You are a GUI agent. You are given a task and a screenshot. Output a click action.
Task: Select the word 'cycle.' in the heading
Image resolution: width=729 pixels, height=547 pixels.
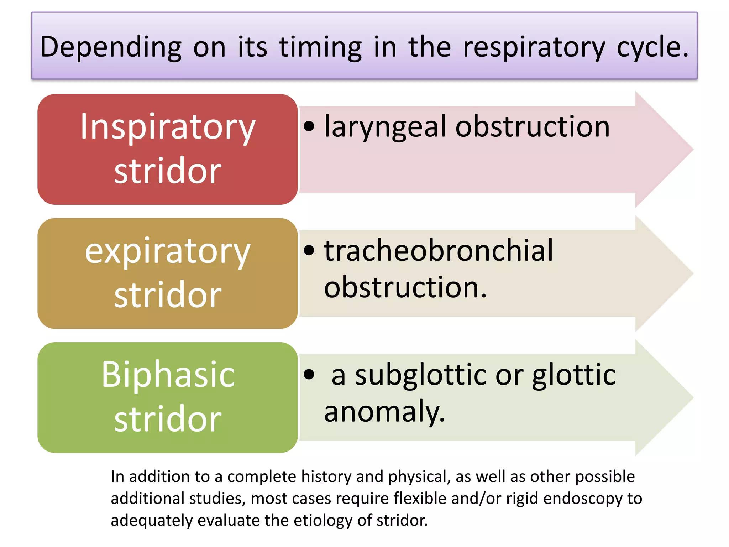[x=653, y=47]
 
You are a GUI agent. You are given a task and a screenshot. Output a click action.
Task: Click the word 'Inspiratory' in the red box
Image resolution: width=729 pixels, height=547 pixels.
[x=168, y=127]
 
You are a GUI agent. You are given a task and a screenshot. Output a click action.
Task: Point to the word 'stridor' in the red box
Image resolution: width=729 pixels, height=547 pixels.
[x=168, y=171]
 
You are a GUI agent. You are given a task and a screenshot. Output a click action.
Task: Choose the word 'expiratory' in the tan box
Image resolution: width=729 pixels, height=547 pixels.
[x=168, y=251]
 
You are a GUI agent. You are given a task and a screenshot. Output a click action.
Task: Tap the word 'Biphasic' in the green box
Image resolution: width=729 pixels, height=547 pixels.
[x=168, y=375]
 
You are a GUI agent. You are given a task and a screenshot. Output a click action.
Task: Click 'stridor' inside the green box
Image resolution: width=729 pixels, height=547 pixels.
[x=168, y=419]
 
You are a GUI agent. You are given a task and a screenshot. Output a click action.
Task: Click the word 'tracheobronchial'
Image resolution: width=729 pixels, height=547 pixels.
[x=439, y=251]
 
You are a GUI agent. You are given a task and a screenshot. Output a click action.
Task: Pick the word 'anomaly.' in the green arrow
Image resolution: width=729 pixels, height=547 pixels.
[x=384, y=412]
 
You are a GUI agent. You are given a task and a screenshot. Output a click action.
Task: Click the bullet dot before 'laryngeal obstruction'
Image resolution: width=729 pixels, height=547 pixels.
[x=309, y=126]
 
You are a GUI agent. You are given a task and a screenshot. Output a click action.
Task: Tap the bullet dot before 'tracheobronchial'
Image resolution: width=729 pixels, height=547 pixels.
[x=309, y=250]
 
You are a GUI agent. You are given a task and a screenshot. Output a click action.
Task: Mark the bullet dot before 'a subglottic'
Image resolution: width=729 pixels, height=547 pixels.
[x=309, y=374]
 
